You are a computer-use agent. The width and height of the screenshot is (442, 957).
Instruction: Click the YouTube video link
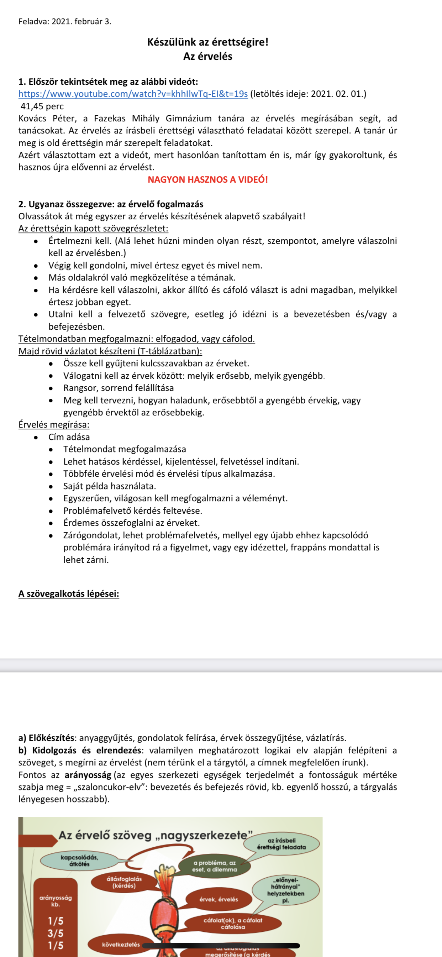(x=133, y=94)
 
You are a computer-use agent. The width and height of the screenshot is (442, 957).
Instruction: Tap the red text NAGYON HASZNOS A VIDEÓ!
(x=207, y=180)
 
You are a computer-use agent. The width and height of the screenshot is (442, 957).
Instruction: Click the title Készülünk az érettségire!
(x=207, y=42)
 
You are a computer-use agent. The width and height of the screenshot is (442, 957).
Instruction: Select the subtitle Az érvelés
(x=207, y=57)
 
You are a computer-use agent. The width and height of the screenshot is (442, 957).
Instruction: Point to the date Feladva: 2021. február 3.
(x=65, y=22)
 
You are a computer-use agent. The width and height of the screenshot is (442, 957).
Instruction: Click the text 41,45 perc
(x=42, y=106)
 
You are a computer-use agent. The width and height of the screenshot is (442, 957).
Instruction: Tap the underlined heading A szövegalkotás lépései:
(x=69, y=593)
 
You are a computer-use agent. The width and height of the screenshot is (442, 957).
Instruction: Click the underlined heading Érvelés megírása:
(x=54, y=425)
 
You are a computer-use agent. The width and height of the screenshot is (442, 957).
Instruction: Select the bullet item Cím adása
(x=69, y=437)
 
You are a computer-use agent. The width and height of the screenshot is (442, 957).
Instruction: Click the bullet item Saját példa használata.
(x=110, y=486)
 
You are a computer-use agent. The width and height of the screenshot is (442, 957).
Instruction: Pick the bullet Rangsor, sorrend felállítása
(x=119, y=388)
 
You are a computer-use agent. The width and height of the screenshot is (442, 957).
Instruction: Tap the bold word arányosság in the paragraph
(x=88, y=775)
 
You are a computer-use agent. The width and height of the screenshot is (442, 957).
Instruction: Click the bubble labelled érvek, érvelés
(x=219, y=899)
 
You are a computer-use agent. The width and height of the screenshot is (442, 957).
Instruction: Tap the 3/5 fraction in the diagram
(x=56, y=933)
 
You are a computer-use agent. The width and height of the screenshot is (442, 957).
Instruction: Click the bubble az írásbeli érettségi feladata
(x=281, y=844)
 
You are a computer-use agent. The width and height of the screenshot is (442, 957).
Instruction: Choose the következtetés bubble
(x=121, y=945)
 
